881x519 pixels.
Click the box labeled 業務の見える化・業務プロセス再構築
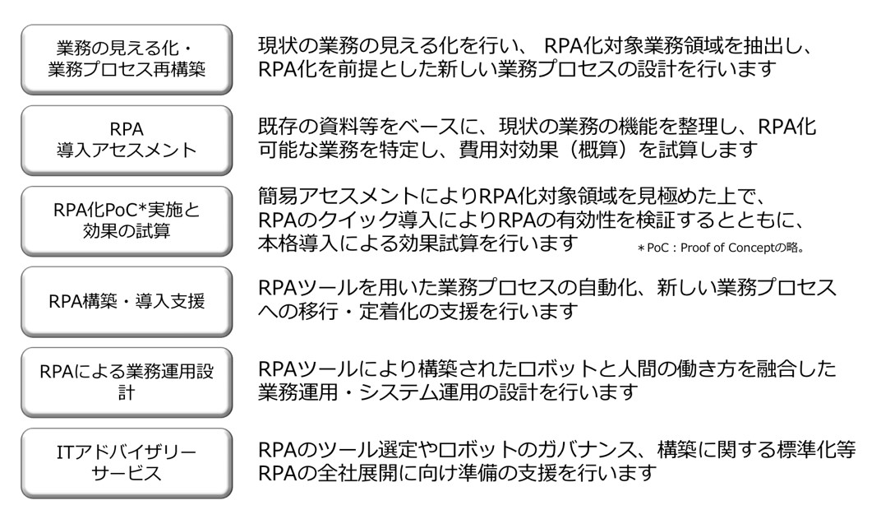127,59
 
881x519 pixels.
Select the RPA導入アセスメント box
127,140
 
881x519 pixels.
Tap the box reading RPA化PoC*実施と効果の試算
127,220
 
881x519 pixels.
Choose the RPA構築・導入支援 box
127,301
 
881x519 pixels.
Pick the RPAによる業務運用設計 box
127,382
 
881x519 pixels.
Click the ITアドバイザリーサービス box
127,463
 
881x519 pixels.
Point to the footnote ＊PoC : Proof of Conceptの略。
721,248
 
